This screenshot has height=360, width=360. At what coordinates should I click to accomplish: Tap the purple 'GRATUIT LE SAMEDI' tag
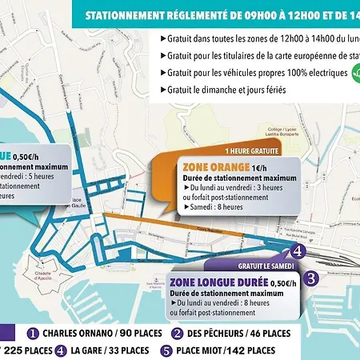pyautogui.click(x=264, y=264)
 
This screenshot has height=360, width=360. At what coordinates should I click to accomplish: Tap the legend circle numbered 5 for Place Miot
pyautogui.click(x=166, y=350)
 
